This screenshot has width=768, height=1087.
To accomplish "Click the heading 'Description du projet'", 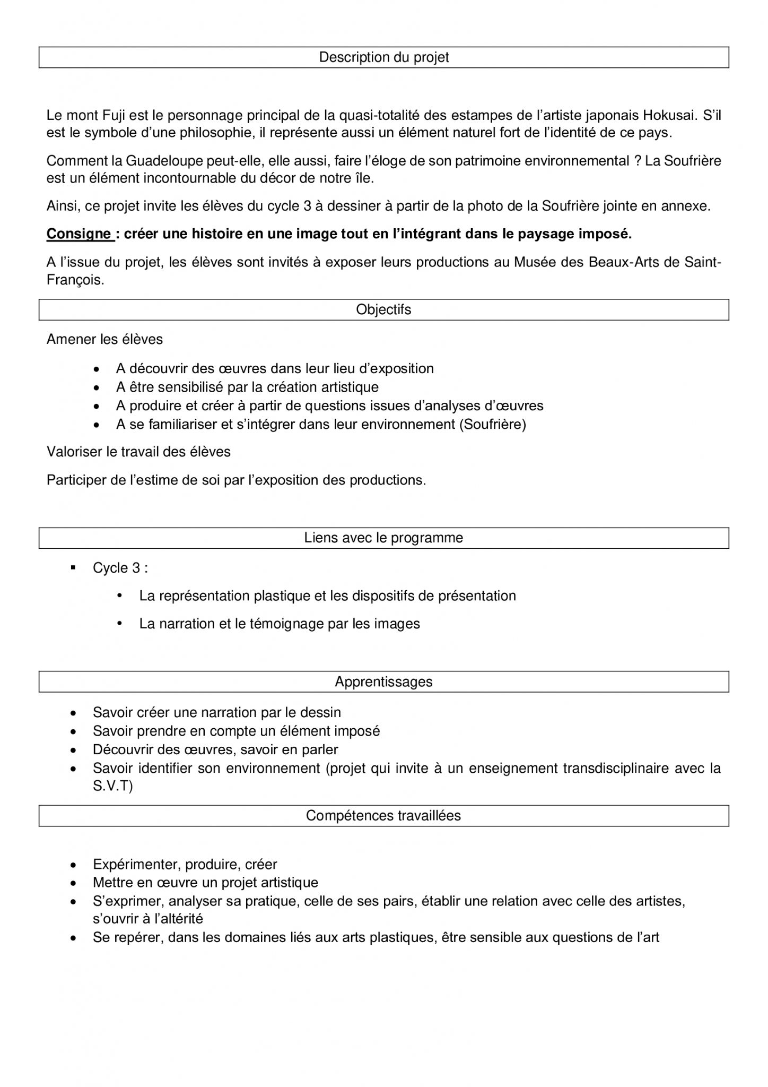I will point(383,57).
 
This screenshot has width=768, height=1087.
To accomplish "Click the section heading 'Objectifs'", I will point(383,309).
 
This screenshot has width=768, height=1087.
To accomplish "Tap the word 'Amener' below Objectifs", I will point(71,339).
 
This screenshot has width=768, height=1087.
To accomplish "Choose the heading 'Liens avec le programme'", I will point(383,538).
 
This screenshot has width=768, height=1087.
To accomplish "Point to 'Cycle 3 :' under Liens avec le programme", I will point(120,568).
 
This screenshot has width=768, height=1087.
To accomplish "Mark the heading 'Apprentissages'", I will point(383,681).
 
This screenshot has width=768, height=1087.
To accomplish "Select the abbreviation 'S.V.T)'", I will point(112,786).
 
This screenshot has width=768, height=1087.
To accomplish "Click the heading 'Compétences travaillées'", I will point(383,816).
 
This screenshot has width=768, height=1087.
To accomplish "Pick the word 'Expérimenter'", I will point(136,865).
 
